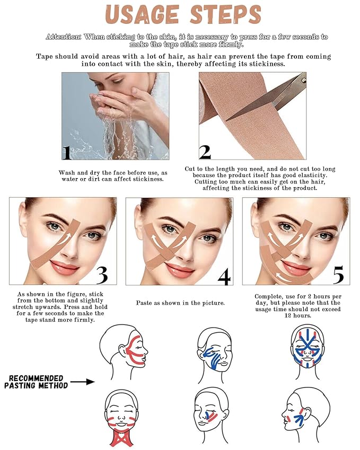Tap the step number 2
click(205, 152)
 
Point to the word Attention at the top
click(64, 37)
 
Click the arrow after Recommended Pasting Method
click(82, 381)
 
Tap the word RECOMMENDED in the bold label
click(36, 378)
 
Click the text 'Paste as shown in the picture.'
click(179, 303)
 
